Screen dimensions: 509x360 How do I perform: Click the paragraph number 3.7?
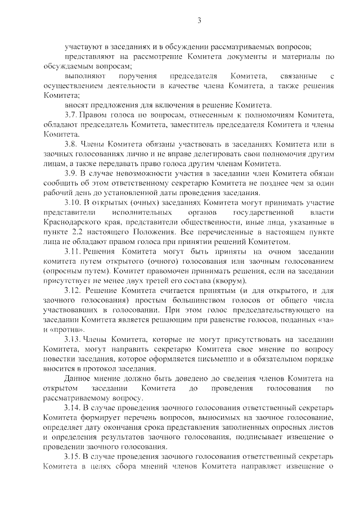(x=71, y=115)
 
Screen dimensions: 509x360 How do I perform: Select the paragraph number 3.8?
(x=71, y=144)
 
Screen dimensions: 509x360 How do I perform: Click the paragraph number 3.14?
(x=73, y=408)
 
